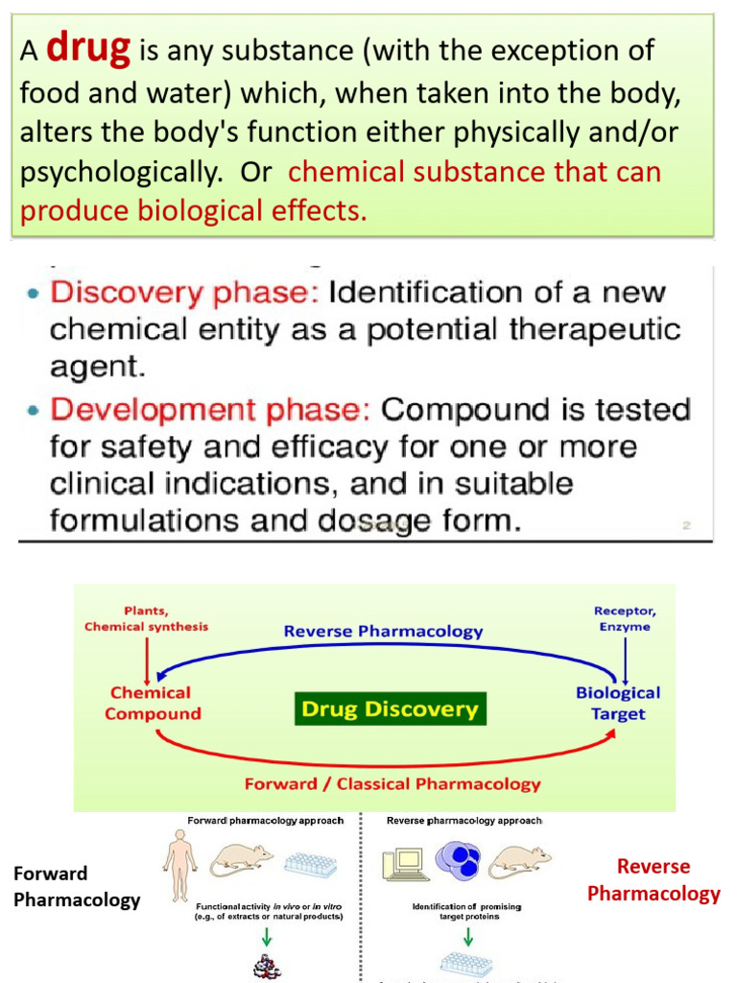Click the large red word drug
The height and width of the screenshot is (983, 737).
[88, 47]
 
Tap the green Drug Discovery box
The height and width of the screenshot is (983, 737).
[390, 710]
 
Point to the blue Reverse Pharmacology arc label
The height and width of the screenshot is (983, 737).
[382, 631]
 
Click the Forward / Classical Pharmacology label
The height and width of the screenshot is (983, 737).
[392, 783]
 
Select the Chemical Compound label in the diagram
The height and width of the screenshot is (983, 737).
[153, 703]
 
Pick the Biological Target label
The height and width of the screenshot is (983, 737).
[618, 703]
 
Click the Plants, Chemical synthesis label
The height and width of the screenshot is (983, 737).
[146, 619]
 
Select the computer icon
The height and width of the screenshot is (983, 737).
[403, 861]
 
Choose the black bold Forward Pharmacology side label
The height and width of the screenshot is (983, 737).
[76, 886]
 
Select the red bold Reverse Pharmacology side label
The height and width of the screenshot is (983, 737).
[654, 880]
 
